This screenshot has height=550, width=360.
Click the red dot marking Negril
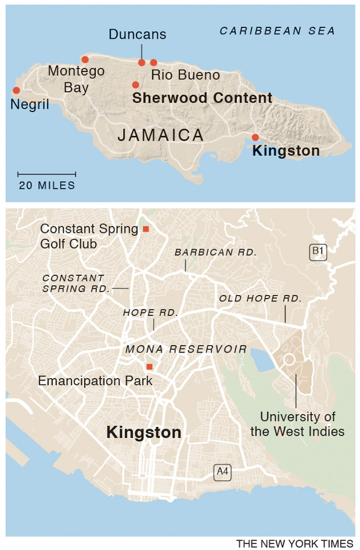(16, 90)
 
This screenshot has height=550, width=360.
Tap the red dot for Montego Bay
(85, 59)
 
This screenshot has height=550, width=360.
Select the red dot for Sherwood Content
(135, 85)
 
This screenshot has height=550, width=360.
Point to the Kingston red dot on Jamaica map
(255, 137)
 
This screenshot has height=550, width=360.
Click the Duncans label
(137, 35)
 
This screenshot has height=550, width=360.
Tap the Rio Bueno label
(185, 75)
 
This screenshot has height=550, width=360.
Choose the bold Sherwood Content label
(202, 98)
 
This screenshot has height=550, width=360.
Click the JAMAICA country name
(160, 135)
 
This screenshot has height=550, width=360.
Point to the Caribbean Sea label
(277, 31)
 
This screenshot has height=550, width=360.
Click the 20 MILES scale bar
(46, 174)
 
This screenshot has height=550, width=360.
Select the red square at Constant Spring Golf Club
(146, 229)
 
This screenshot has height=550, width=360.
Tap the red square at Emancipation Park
(149, 366)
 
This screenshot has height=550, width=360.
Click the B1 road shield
(317, 251)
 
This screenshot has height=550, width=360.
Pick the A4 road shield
(222, 472)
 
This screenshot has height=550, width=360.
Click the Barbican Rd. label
(215, 253)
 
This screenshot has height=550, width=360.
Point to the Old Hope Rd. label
(260, 299)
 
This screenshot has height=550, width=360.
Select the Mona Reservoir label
(186, 349)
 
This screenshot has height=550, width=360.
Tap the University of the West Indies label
(297, 424)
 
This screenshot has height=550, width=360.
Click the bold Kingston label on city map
(143, 433)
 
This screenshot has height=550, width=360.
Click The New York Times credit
(294, 544)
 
